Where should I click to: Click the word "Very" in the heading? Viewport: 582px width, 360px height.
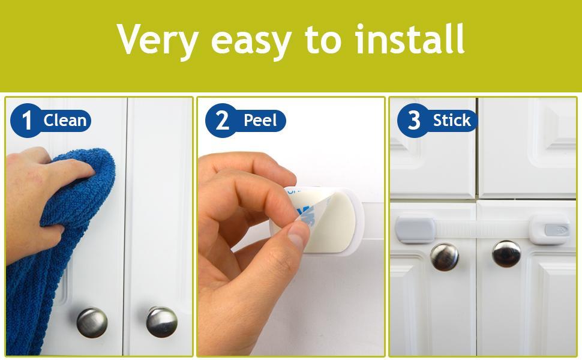pos(158,40)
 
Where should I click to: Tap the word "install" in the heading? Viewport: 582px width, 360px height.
pos(409,40)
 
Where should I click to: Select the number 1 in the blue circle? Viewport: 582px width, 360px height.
pos(26,121)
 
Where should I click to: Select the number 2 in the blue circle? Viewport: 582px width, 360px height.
pos(222,121)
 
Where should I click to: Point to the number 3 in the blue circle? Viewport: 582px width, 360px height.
pos(414,121)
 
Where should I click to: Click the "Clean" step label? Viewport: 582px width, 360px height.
pos(65,121)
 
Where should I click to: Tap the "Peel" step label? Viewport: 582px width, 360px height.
pos(259,121)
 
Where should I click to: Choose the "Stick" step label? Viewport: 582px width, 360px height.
pos(451,121)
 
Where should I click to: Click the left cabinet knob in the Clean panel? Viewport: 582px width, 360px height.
pos(92,322)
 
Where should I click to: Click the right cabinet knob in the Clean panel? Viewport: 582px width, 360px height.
pos(161,322)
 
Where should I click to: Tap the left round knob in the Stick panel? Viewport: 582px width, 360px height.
pos(445,256)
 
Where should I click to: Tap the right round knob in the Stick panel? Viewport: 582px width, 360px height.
pos(506,253)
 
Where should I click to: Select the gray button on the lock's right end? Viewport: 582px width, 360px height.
pos(556,229)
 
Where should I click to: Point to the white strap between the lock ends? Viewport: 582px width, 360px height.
pos(480,229)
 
